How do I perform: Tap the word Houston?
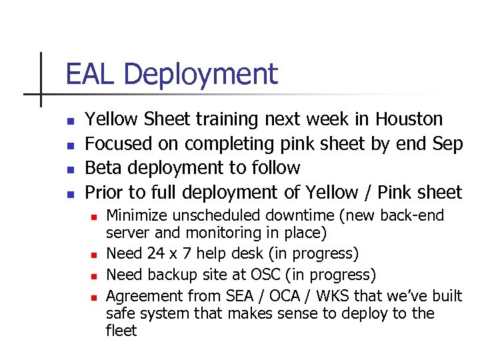[409, 119]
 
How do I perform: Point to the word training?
[227, 120]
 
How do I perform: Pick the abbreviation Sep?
[447, 145]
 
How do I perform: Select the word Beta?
[105, 168]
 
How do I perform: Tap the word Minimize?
[138, 215]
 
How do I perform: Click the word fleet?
[121, 331]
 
